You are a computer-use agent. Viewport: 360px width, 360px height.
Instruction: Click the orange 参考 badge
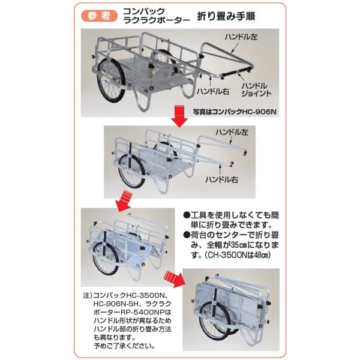pos(99,16)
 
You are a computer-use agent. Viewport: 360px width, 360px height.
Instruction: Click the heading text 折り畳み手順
pos(226,16)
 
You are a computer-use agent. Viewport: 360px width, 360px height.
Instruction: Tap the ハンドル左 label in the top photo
pos(241,37)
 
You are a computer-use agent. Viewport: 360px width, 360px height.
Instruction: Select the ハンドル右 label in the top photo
pos(213,91)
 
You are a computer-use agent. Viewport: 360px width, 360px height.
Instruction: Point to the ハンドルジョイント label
pos(256,90)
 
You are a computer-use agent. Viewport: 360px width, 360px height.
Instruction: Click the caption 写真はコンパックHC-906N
pos(235,112)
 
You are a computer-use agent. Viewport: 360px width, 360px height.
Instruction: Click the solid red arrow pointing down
pos(179,116)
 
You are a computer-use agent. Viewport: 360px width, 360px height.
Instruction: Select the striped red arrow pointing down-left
pos(124,201)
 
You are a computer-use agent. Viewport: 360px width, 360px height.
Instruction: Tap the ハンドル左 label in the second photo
pos(232,132)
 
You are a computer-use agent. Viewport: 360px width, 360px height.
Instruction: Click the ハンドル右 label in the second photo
pos(221,179)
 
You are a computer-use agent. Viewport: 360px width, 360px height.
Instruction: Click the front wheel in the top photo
pos(111,80)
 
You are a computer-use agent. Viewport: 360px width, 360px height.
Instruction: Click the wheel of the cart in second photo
pos(131,171)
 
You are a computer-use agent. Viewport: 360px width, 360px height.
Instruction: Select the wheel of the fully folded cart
pos(212,320)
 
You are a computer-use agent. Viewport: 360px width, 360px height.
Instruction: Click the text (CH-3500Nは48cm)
pos(237,255)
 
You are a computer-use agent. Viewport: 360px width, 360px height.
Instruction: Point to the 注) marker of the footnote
pos(88,295)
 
